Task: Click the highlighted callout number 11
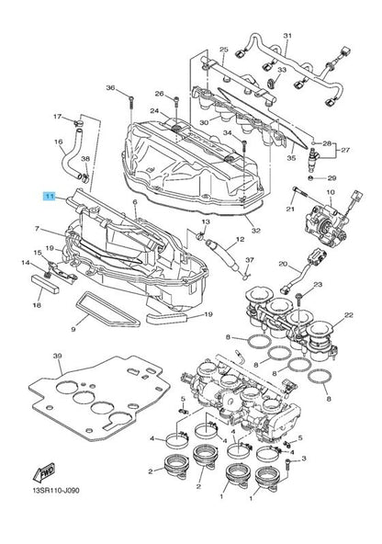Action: (50, 197)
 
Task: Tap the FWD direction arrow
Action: (44, 473)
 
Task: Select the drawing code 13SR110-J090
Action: (55, 491)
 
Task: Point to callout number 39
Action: (57, 356)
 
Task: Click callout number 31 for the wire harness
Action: (287, 36)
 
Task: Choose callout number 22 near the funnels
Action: (348, 315)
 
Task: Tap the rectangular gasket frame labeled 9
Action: (107, 310)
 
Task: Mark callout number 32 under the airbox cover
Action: (256, 230)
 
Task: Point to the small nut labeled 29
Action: (311, 178)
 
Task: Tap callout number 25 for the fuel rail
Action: (224, 50)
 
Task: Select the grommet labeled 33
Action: (272, 83)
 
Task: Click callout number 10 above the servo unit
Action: (330, 192)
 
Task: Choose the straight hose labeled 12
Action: (222, 255)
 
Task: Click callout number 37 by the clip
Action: (250, 260)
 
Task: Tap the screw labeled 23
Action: (298, 300)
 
